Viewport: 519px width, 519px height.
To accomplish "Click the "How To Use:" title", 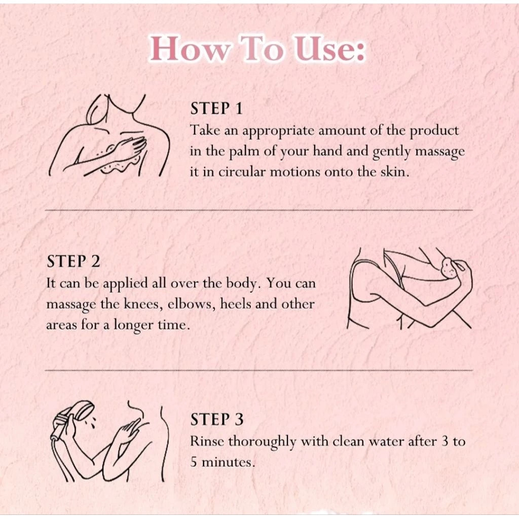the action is pos(257,49).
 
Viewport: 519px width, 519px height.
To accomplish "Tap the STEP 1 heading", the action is pos(216,108).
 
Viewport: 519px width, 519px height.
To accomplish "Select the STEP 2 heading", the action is pos(73,261).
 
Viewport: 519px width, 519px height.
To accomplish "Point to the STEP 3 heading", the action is pos(217,419).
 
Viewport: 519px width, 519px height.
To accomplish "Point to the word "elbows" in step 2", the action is pos(192,304).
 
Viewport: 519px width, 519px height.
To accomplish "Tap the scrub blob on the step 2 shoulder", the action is pos(449,268).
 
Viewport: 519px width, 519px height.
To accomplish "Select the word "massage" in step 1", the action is pos(440,152).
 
